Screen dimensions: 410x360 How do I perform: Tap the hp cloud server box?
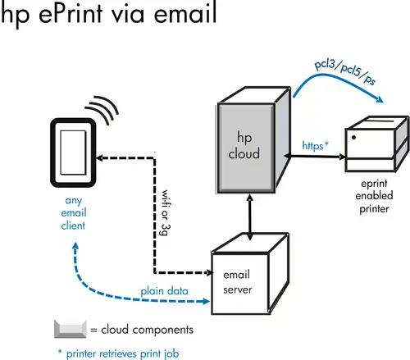(253, 140)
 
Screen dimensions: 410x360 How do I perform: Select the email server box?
(250, 274)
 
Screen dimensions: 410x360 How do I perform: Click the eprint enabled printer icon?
(377, 144)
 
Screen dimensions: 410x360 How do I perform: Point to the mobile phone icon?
(73, 153)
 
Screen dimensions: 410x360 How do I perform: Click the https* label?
(316, 145)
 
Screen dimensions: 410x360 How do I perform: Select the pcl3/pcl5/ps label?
(345, 71)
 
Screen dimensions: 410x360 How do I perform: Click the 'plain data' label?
(164, 291)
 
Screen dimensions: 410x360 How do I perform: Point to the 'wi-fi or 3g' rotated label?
(166, 212)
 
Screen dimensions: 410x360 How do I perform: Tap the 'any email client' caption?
(74, 213)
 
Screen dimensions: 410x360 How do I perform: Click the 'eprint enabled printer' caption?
(374, 196)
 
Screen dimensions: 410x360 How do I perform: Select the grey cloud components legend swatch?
(71, 329)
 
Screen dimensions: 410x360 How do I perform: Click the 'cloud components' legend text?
(147, 330)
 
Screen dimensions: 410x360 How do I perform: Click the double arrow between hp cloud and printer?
(315, 157)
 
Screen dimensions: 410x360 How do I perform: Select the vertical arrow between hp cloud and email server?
(249, 217)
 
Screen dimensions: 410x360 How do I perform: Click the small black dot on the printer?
(353, 138)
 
